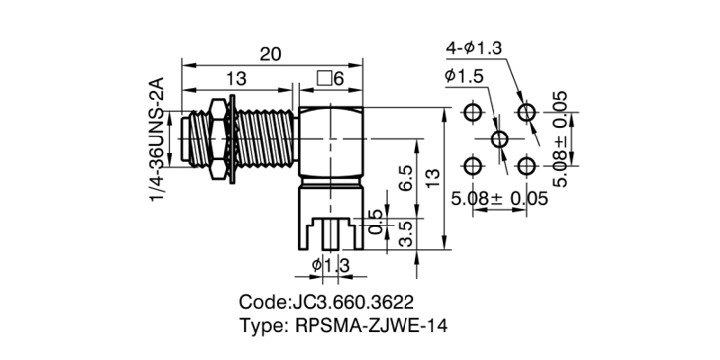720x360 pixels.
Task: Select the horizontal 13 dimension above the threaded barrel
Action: pyautogui.click(x=237, y=79)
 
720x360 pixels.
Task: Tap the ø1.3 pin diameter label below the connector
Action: pyautogui.click(x=329, y=265)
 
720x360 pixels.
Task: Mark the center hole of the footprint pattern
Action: pyautogui.click(x=500, y=139)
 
